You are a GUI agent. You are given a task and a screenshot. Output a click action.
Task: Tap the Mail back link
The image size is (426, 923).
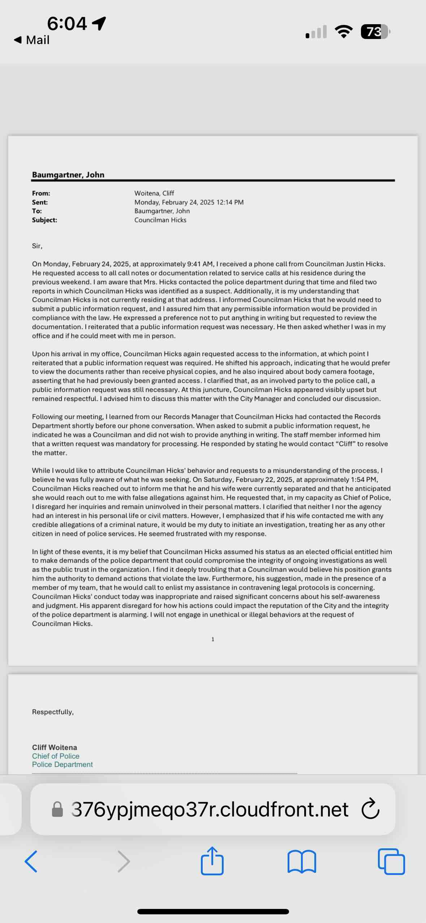(x=32, y=40)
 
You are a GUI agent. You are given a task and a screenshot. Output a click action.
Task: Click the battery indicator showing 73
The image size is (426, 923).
(x=375, y=32)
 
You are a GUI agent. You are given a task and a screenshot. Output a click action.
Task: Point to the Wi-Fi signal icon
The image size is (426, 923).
(x=344, y=32)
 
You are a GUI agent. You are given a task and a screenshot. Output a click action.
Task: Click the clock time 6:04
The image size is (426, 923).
(x=67, y=23)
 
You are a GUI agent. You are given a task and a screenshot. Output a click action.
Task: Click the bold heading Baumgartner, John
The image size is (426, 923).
(x=68, y=174)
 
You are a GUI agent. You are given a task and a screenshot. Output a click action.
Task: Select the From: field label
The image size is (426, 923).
(x=41, y=193)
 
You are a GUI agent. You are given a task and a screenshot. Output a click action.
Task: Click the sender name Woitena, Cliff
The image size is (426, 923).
(x=154, y=193)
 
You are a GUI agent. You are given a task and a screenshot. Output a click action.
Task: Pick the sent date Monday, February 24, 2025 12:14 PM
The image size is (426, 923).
(x=189, y=202)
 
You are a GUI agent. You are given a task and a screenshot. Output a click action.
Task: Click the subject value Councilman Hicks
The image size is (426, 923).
(x=160, y=220)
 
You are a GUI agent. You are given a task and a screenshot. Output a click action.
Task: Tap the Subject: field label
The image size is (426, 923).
(x=44, y=220)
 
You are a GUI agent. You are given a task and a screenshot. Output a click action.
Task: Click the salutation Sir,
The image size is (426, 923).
(x=37, y=246)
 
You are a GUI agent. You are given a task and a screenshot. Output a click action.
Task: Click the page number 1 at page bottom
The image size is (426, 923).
(x=213, y=639)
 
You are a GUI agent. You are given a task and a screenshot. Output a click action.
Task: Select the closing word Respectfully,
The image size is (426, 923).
(x=53, y=712)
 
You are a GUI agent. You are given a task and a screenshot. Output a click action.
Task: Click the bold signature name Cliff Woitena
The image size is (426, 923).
(x=54, y=747)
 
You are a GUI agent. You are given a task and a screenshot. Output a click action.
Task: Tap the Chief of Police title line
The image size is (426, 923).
(x=56, y=756)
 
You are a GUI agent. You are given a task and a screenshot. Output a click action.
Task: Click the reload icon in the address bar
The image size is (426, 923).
(x=370, y=809)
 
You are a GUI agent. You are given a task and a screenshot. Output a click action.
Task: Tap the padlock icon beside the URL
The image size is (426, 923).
(x=57, y=809)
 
